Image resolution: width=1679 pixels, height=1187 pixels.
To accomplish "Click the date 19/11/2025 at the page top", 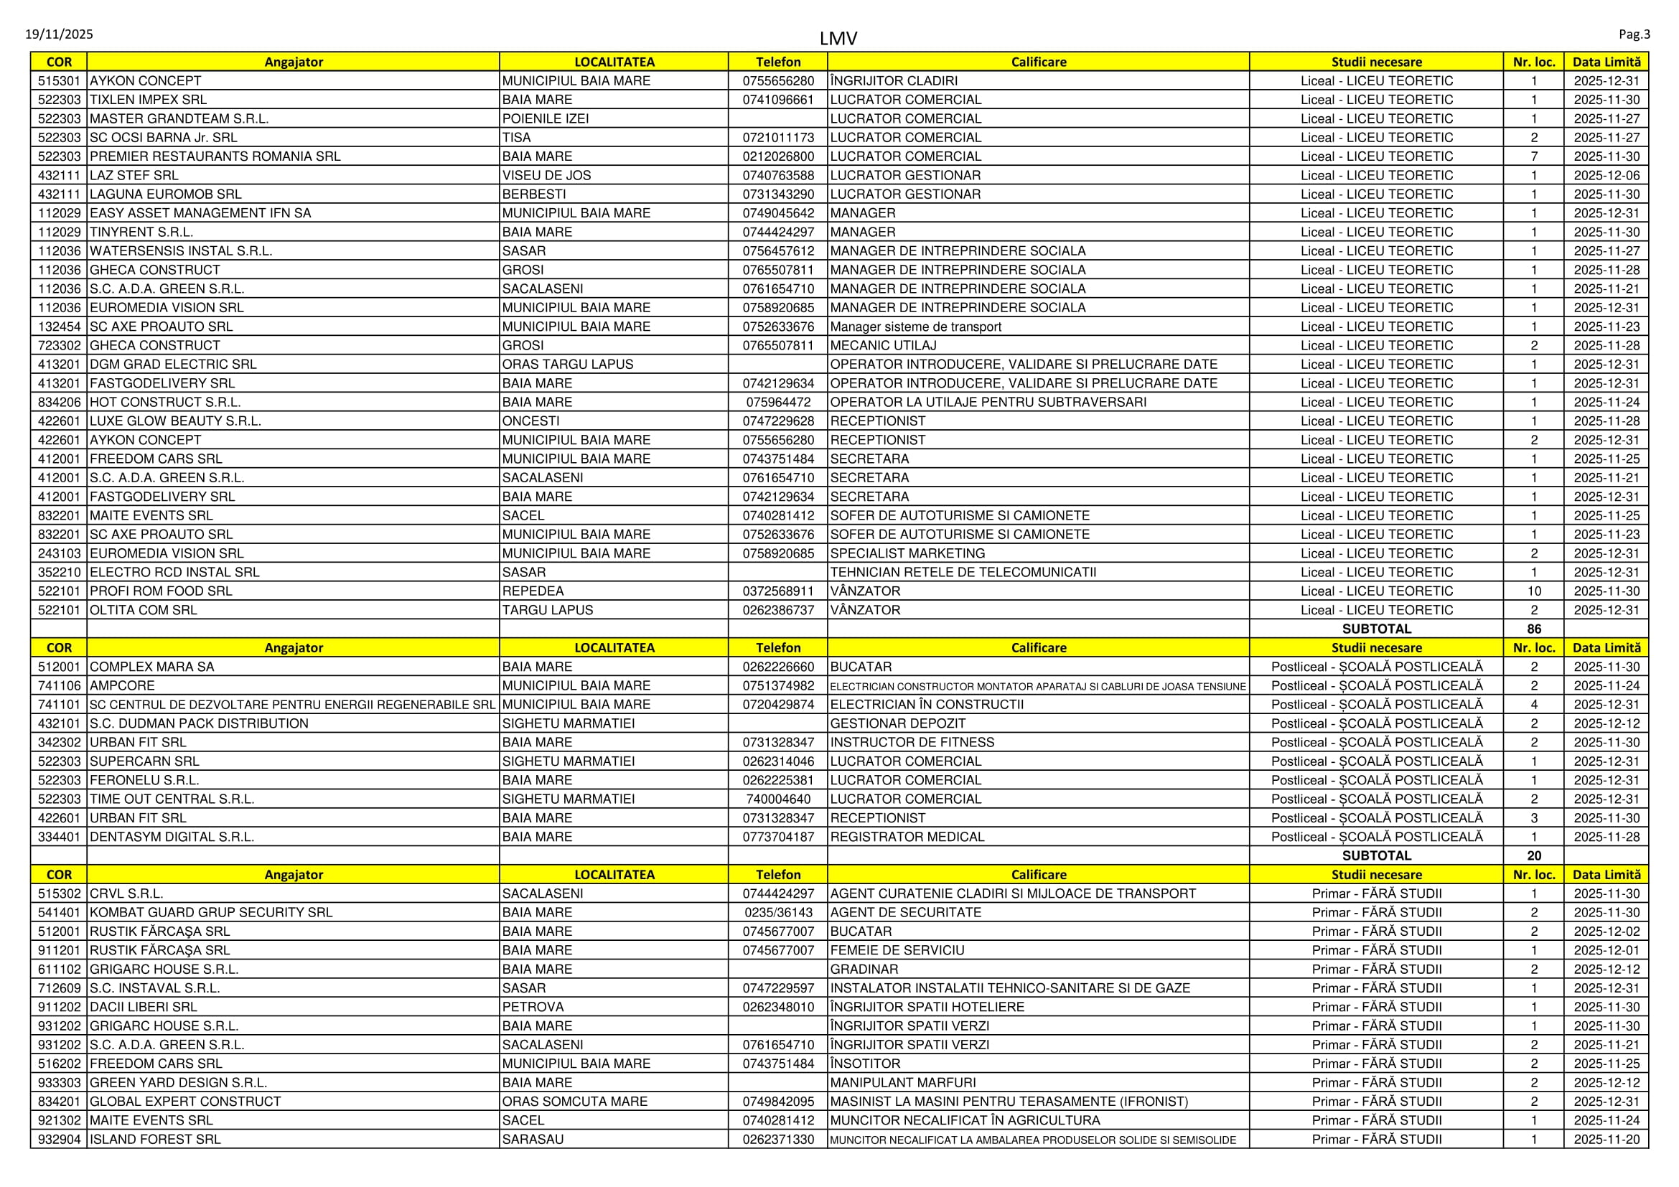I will coord(60,34).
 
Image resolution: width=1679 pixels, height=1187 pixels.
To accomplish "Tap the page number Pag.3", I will coord(1634,34).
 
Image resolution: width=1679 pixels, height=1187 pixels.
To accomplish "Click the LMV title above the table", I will coord(838,39).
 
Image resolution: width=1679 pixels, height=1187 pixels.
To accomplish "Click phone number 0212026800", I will coord(778,156).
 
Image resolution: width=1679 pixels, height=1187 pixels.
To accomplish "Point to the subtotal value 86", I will coord(1533,629).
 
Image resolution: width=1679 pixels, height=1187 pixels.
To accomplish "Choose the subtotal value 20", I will coord(1533,856).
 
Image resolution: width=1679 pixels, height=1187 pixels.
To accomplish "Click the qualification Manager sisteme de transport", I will coord(915,327).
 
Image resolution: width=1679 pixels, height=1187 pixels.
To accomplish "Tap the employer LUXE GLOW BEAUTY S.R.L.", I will coord(174,421).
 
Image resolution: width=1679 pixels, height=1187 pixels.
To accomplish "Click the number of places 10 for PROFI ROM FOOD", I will coord(1533,591).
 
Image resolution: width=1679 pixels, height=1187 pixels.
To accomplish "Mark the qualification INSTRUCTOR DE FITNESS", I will coord(912,743).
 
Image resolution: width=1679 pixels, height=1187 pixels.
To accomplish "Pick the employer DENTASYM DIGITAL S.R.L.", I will coord(172,837).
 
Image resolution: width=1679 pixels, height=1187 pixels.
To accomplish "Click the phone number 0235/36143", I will coord(778,913).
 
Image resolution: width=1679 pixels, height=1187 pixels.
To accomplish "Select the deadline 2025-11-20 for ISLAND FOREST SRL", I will coord(1606,1140).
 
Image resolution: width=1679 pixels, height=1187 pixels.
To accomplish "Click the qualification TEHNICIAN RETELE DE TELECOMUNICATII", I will coord(963,572).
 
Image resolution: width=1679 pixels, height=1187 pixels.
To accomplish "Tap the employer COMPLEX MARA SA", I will coord(151,667).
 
